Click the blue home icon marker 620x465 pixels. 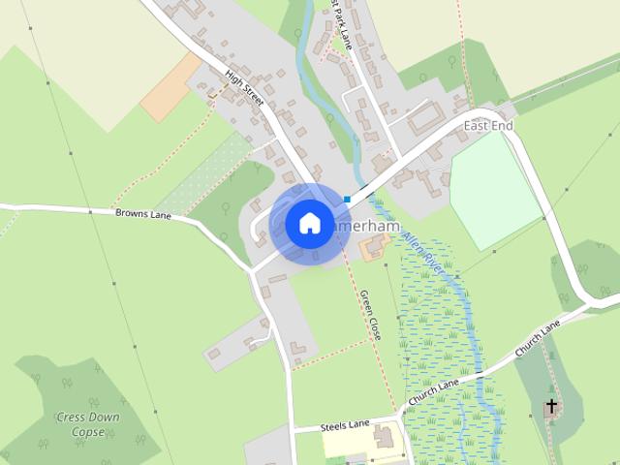[x=308, y=223]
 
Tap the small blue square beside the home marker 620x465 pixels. [x=347, y=200]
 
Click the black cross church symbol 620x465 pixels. [x=552, y=406]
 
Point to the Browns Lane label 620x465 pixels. [x=142, y=213]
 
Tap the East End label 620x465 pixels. [x=488, y=127]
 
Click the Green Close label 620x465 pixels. [x=370, y=314]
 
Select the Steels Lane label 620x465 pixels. [x=346, y=424]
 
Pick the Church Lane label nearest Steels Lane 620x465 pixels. [x=433, y=392]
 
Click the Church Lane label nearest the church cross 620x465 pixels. [x=538, y=338]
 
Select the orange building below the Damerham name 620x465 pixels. [x=372, y=248]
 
